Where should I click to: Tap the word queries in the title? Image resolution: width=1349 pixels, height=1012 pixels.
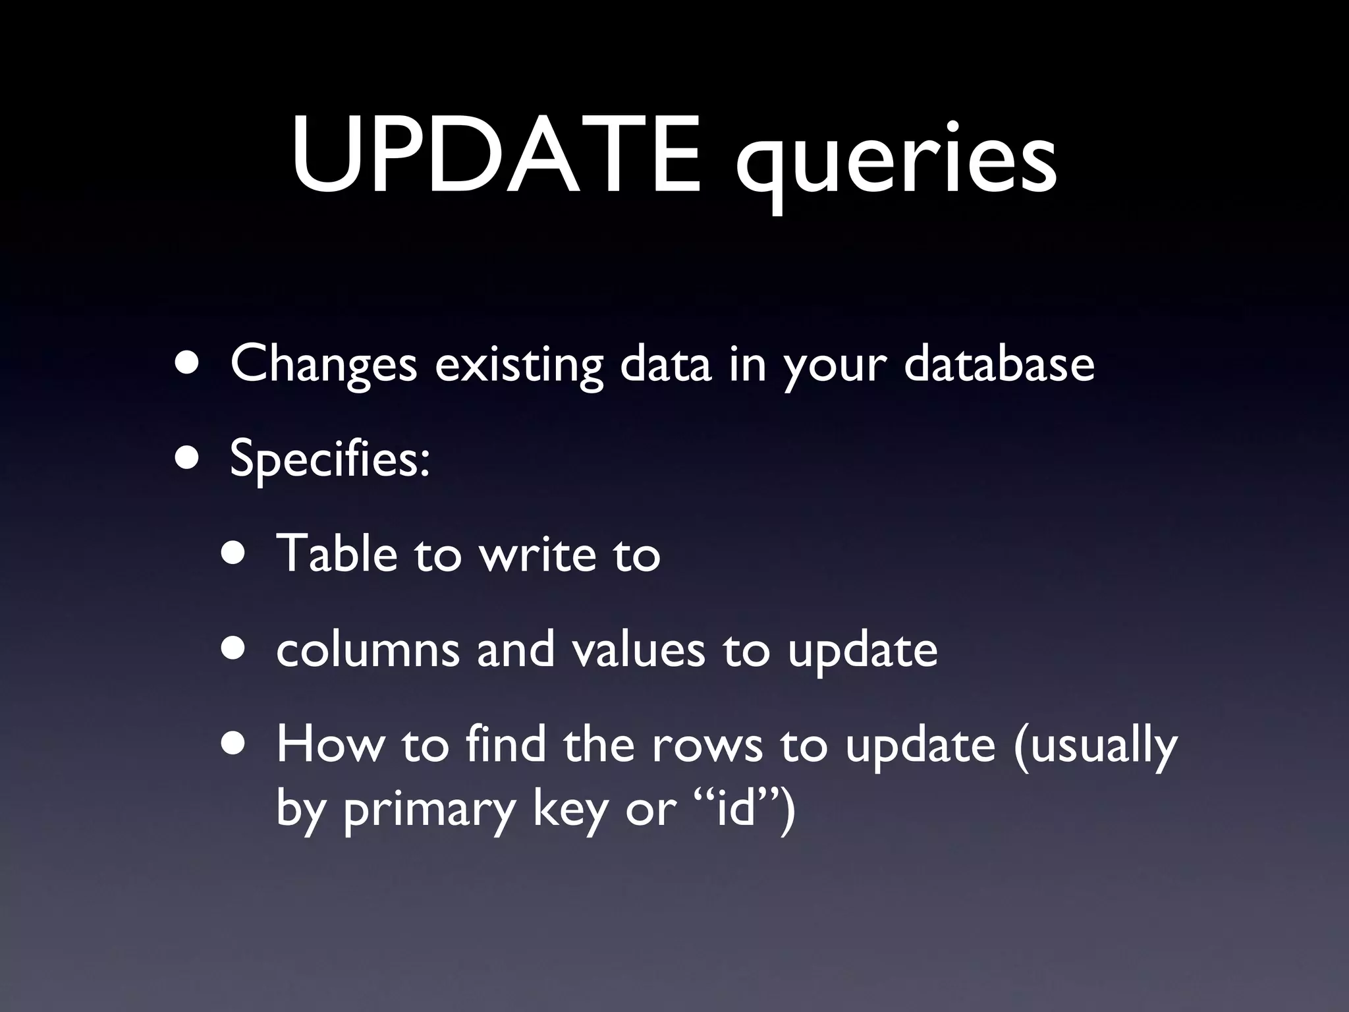[x=896, y=161]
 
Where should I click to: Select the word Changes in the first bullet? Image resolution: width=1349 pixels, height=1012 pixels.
[x=323, y=364]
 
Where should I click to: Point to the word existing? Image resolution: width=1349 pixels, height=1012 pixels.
[x=518, y=364]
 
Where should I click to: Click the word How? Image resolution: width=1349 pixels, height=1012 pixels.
[x=329, y=744]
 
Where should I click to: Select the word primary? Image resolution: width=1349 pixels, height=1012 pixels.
[x=428, y=810]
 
